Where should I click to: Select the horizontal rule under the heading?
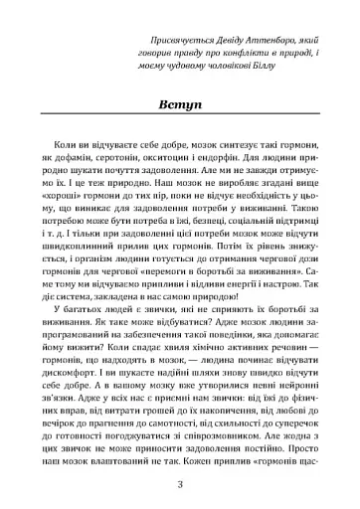pyautogui.click(x=179, y=121)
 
